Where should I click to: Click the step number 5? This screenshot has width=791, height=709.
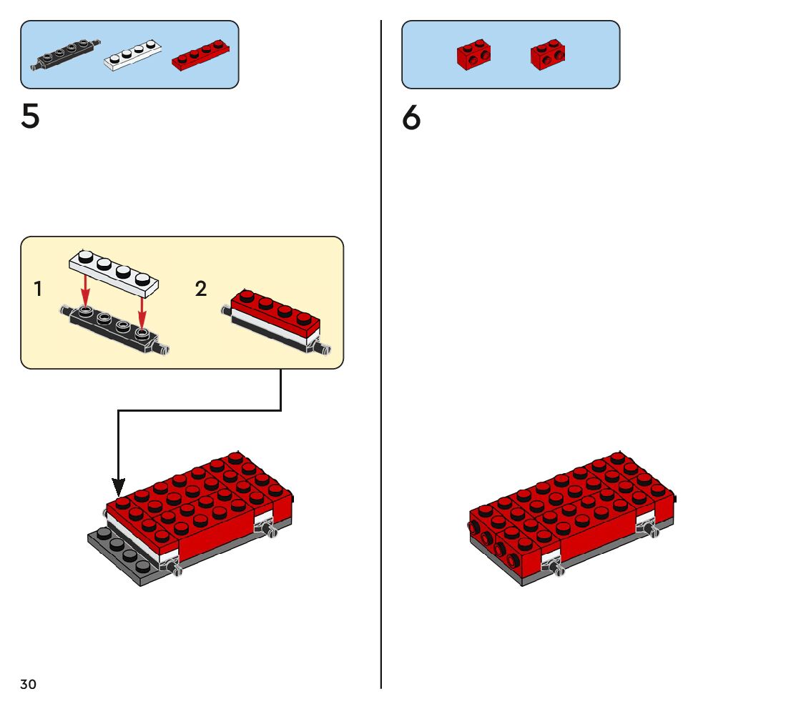[x=30, y=116]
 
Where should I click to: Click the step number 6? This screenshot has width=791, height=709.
[x=411, y=118]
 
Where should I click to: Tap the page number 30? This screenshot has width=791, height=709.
[x=28, y=684]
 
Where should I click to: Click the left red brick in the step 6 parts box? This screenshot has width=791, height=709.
[x=473, y=54]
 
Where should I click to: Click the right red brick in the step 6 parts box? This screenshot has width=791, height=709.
[x=549, y=54]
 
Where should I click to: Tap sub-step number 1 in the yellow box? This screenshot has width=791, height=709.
[x=38, y=289]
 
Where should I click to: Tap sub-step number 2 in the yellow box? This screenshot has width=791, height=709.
[x=201, y=289]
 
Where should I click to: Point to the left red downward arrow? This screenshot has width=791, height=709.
[x=85, y=292]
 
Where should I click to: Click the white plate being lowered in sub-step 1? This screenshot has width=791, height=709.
[x=115, y=273]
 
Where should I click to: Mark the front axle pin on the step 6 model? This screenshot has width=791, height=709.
[x=558, y=569]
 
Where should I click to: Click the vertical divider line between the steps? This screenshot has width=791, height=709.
[x=381, y=357]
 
